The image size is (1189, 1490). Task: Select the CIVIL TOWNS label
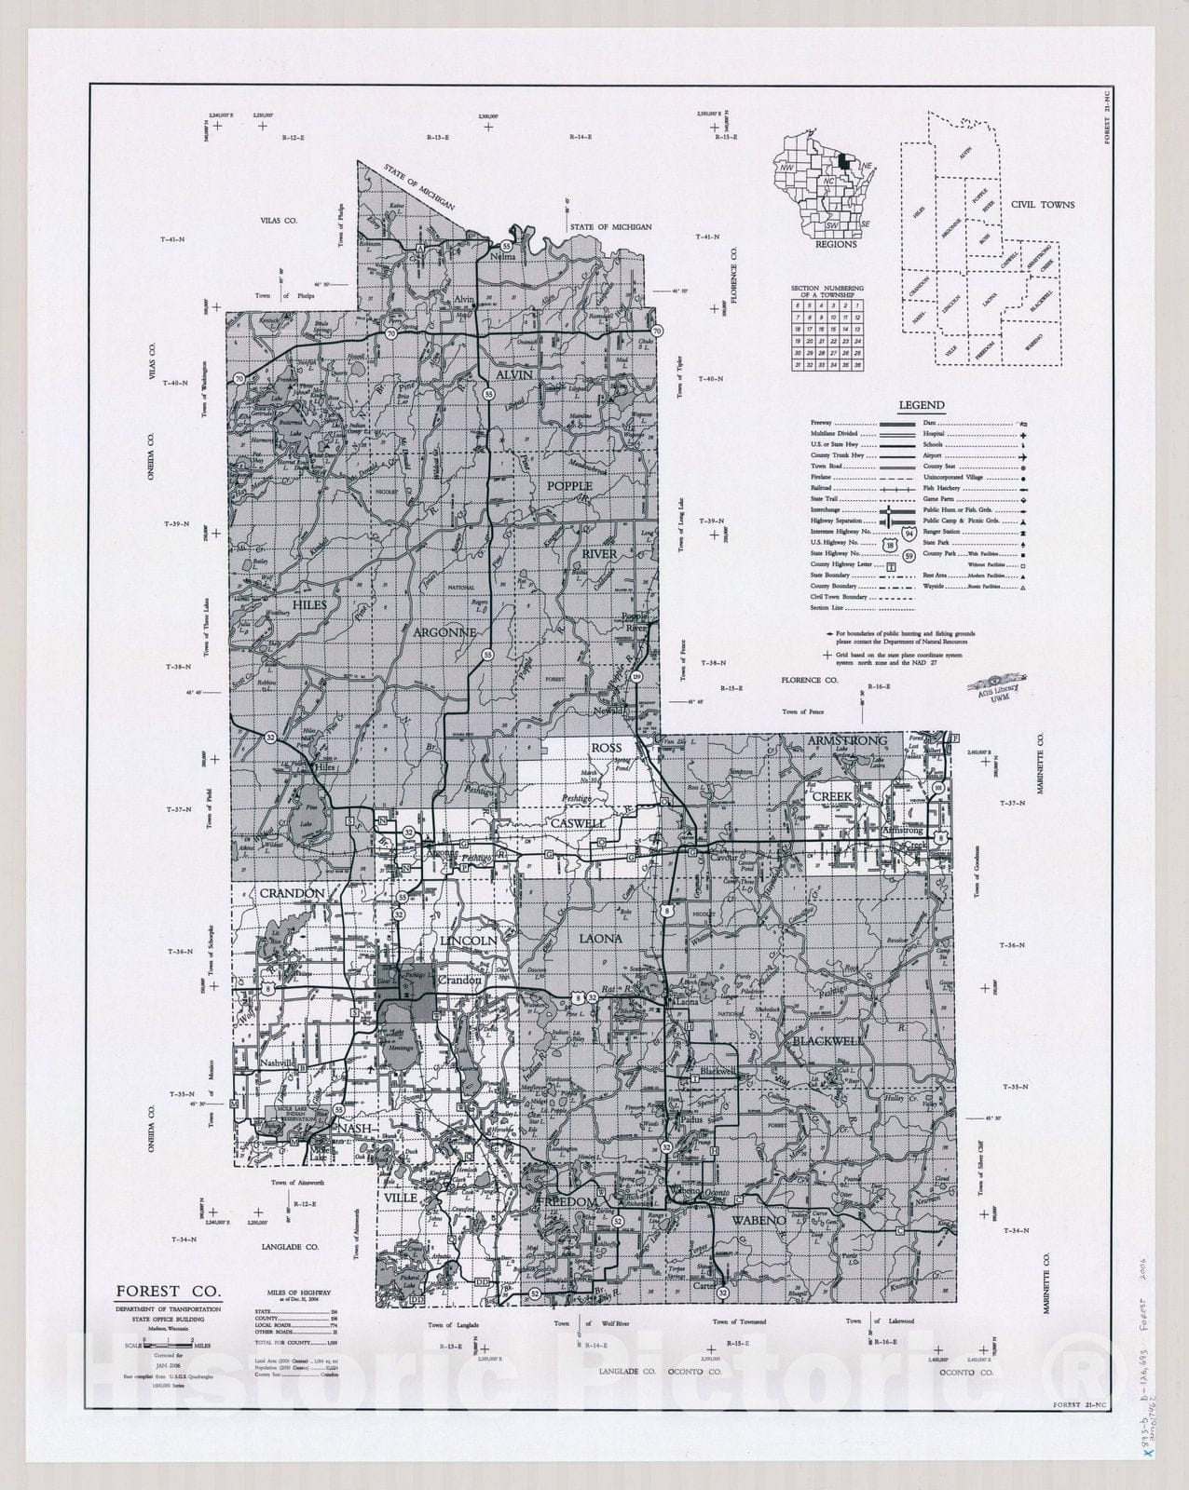pyautogui.click(x=1048, y=205)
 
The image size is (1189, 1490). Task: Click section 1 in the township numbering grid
pyautogui.click(x=857, y=305)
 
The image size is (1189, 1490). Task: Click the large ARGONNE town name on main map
pyautogui.click(x=444, y=632)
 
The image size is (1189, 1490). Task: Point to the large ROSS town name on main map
pyautogui.click(x=605, y=747)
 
